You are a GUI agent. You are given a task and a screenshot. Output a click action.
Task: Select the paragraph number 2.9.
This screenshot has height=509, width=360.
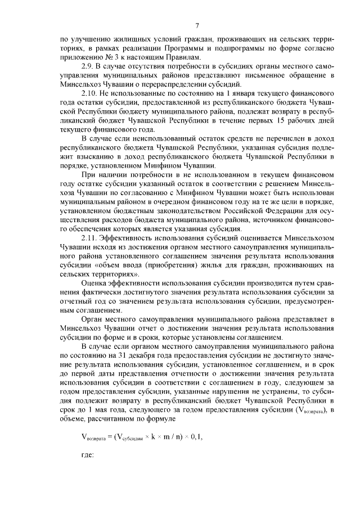point(89,66)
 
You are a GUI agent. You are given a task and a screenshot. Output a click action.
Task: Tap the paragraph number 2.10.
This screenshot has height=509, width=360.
point(91,92)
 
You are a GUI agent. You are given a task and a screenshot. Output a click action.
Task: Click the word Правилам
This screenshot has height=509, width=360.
point(182,58)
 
